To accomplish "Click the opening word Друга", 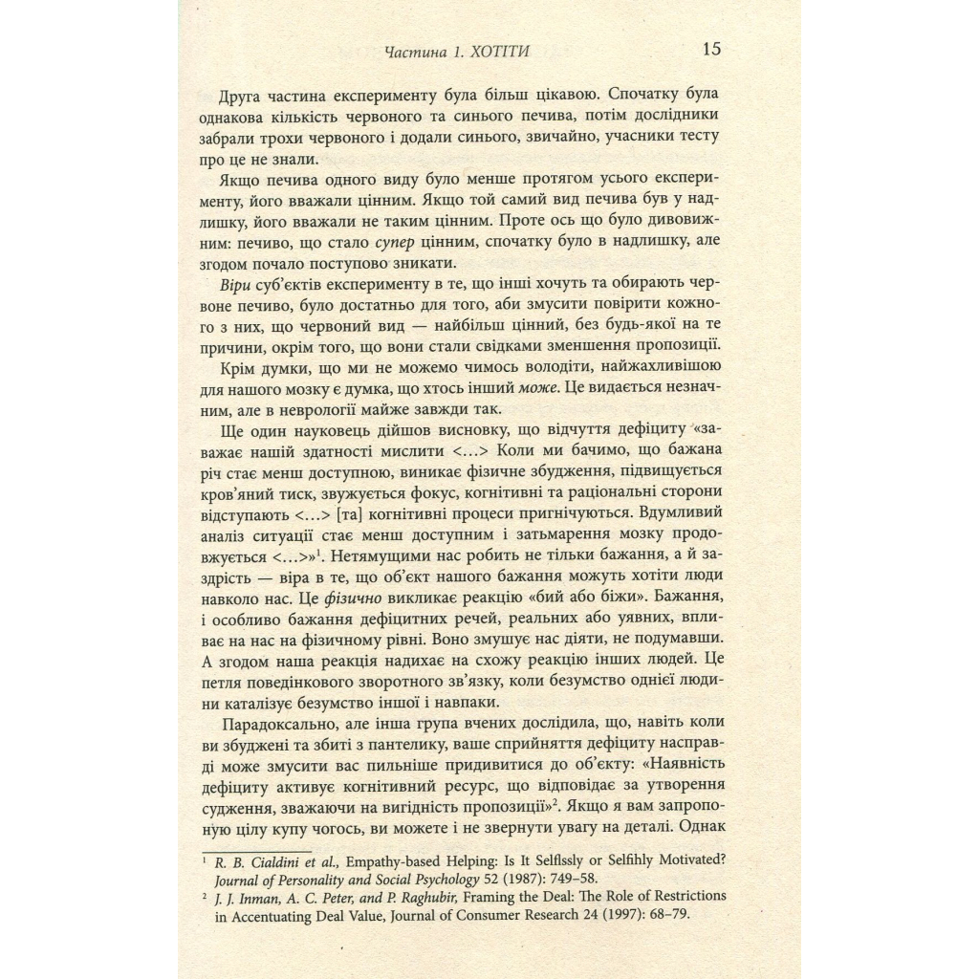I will coord(243,97).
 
